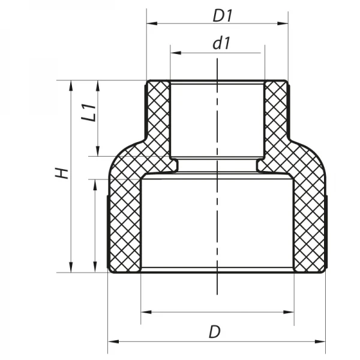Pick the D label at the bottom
[214, 331]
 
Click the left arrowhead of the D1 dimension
[151, 24]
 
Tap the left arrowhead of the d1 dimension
[175, 53]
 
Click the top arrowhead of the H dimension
[71, 85]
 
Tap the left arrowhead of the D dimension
[112, 341]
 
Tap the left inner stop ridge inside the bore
[173, 163]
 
